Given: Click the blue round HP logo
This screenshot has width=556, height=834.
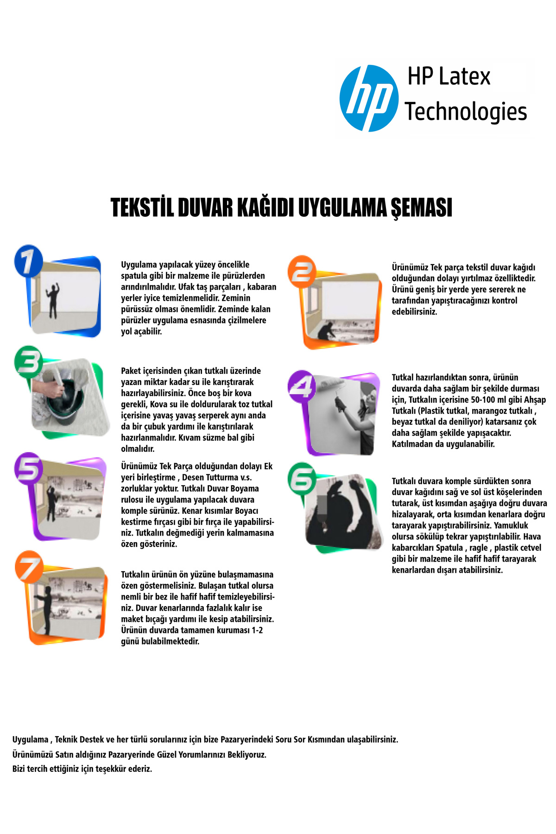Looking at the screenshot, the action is (x=369, y=98).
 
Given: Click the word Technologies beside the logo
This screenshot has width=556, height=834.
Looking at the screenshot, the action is (x=466, y=112).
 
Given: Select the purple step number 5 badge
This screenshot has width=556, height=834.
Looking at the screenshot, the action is (x=29, y=468).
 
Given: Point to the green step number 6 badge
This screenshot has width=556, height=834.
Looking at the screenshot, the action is (x=302, y=478).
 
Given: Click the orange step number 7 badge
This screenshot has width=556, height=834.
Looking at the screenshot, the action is (x=29, y=566).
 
